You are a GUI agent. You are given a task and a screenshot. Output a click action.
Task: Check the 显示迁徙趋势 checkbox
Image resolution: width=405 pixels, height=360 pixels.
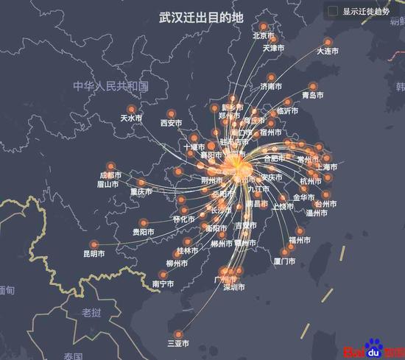(x=333, y=11)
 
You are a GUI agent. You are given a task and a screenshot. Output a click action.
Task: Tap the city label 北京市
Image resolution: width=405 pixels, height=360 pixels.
(x=264, y=35)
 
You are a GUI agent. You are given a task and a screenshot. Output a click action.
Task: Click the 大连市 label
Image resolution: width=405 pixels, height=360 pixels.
(x=327, y=52)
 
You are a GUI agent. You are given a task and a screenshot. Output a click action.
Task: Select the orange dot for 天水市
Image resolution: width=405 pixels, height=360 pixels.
(x=132, y=109)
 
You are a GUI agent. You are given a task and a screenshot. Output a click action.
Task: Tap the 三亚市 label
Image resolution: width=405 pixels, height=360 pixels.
(x=178, y=343)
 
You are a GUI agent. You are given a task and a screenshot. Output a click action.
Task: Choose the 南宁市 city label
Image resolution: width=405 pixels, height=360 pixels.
(x=163, y=284)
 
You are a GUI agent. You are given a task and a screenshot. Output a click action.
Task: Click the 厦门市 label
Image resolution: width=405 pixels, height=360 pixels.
(x=284, y=261)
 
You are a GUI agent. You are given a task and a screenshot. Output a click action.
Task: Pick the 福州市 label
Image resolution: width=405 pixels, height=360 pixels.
(x=300, y=241)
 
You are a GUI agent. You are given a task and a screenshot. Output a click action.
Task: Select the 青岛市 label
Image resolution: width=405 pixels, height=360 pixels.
(x=313, y=95)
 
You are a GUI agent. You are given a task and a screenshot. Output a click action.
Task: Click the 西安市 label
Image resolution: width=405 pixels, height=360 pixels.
(x=171, y=123)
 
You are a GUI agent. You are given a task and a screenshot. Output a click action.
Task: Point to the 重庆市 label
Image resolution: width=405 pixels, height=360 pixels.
(x=141, y=191)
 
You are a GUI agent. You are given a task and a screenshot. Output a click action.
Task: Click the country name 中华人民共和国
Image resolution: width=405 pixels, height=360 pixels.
(x=110, y=86)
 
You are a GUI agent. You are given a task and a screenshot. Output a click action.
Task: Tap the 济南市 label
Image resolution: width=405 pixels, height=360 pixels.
(x=271, y=86)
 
